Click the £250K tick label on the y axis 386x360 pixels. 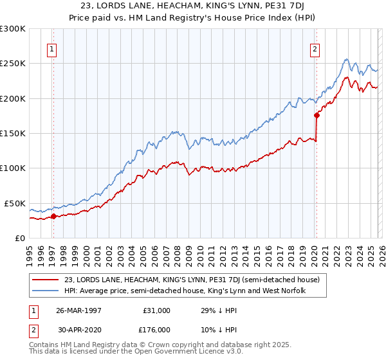(x=13, y=64)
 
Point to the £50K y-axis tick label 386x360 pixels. (x=15, y=203)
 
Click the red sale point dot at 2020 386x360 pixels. (x=317, y=116)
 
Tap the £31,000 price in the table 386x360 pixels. (x=156, y=310)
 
